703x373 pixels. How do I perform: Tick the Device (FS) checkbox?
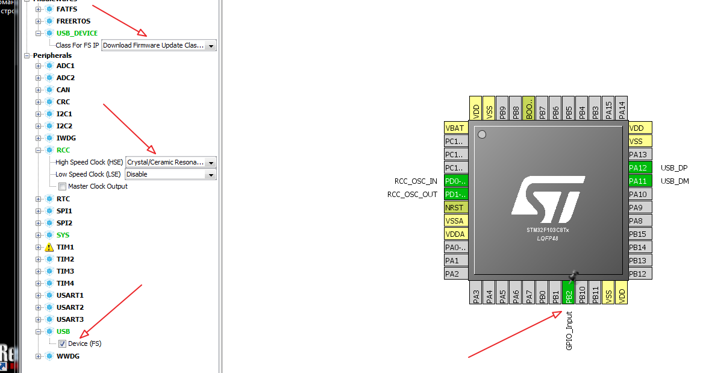(63, 343)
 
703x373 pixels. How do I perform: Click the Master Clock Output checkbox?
(63, 186)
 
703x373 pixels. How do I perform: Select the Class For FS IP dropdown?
(159, 45)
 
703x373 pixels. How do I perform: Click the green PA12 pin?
(640, 168)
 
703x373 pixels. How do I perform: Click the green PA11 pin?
(640, 181)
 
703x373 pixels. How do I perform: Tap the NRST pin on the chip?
(455, 207)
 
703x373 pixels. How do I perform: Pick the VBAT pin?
(455, 128)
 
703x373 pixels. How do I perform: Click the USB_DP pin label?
(674, 168)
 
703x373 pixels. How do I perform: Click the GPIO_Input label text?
(569, 331)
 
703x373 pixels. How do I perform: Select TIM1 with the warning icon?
(65, 247)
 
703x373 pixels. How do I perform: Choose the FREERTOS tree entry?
(73, 21)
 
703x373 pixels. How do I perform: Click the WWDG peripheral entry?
(67, 356)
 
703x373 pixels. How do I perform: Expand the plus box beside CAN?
(39, 90)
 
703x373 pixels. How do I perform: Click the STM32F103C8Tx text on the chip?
(548, 230)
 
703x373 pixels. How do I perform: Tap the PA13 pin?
(640, 154)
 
